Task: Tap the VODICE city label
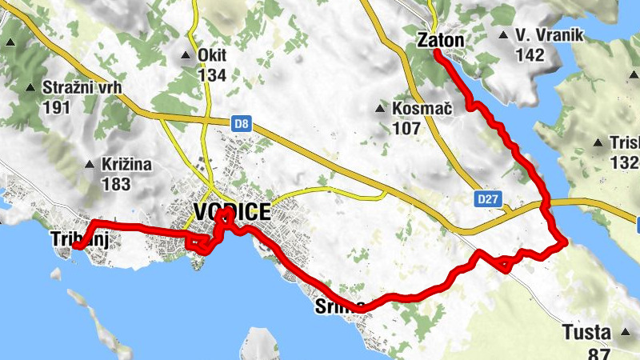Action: click(232, 212)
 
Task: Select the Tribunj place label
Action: click(78, 238)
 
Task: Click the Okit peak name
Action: click(212, 56)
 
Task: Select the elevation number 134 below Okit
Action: click(212, 75)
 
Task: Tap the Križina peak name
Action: click(126, 165)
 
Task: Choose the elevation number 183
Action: click(116, 184)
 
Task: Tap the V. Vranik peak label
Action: click(551, 35)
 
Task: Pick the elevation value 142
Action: click(530, 54)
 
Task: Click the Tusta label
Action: click(586, 331)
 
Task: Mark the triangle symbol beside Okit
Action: click(186, 56)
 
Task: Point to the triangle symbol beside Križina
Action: click(90, 166)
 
